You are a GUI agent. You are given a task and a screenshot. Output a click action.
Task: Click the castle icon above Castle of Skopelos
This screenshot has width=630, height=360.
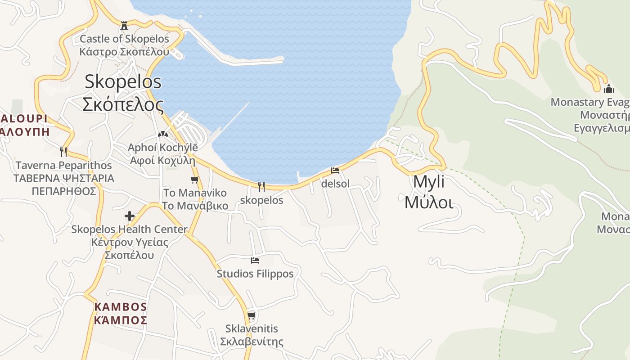pos(124,25)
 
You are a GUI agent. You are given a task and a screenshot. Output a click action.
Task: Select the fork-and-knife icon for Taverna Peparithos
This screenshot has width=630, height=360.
pos(63,152)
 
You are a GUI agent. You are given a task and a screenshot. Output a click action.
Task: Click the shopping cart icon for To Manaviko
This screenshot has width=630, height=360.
pos(195,180)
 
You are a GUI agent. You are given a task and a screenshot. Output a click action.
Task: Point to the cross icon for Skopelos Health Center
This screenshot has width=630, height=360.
pos(130,216)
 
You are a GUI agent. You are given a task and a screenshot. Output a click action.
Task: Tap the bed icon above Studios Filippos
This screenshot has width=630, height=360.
pos(255,260)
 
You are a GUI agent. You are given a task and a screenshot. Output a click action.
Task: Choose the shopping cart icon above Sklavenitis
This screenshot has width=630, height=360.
pos(252,315)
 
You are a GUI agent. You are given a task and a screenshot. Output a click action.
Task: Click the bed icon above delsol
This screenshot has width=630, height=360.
pos(335,171)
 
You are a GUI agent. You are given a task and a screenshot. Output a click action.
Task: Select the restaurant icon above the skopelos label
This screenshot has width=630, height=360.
pos(261,186)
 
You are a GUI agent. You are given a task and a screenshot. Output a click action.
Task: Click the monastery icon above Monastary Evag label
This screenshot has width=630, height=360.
pos(609,88)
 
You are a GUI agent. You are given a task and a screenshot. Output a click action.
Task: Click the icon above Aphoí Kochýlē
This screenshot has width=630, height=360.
pos(162,134)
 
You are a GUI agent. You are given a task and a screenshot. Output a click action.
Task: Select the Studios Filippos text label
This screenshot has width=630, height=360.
pos(255,274)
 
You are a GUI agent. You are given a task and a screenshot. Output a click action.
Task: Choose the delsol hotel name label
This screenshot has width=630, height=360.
pos(335,184)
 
